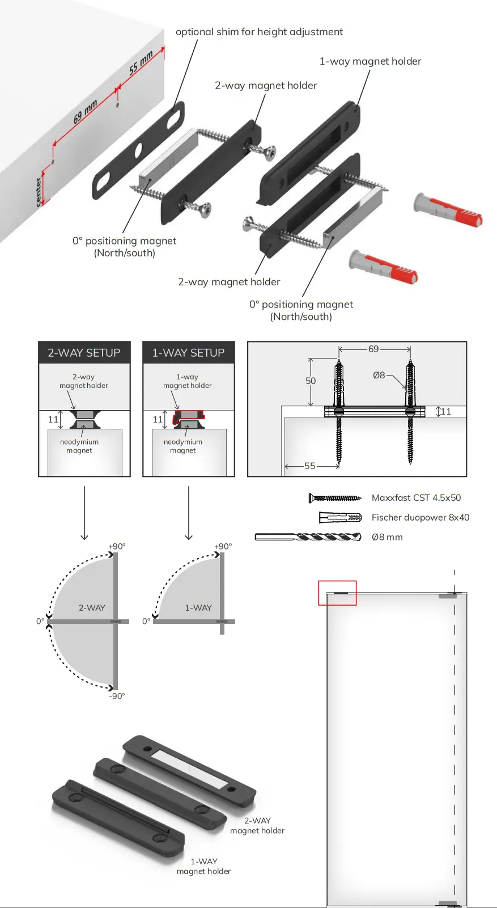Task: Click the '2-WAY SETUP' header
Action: pyautogui.click(x=84, y=353)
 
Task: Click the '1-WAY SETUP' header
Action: pyautogui.click(x=188, y=353)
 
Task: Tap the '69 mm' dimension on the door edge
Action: pyautogui.click(x=85, y=112)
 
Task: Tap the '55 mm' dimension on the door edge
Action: pyautogui.click(x=141, y=63)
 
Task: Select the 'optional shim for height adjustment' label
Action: pyautogui.click(x=259, y=32)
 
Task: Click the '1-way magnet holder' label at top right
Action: pyautogui.click(x=370, y=61)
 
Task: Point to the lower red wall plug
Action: pyautogui.click(x=384, y=266)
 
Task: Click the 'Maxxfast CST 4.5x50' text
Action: pyautogui.click(x=416, y=497)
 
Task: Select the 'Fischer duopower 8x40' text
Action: pyautogui.click(x=420, y=517)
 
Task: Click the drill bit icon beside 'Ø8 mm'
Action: pyautogui.click(x=308, y=537)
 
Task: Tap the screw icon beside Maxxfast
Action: pyautogui.click(x=334, y=498)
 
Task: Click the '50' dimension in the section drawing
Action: pyautogui.click(x=311, y=381)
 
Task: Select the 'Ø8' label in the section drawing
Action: pyautogui.click(x=379, y=375)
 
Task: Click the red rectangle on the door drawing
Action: pyautogui.click(x=337, y=593)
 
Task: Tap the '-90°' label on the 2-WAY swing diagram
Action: pyautogui.click(x=117, y=696)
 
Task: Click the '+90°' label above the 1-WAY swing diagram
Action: pyautogui.click(x=223, y=546)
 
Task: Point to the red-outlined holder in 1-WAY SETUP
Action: pyautogui.click(x=189, y=417)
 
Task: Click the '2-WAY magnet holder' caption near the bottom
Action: pyautogui.click(x=257, y=825)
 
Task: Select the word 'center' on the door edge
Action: pyautogui.click(x=39, y=192)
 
